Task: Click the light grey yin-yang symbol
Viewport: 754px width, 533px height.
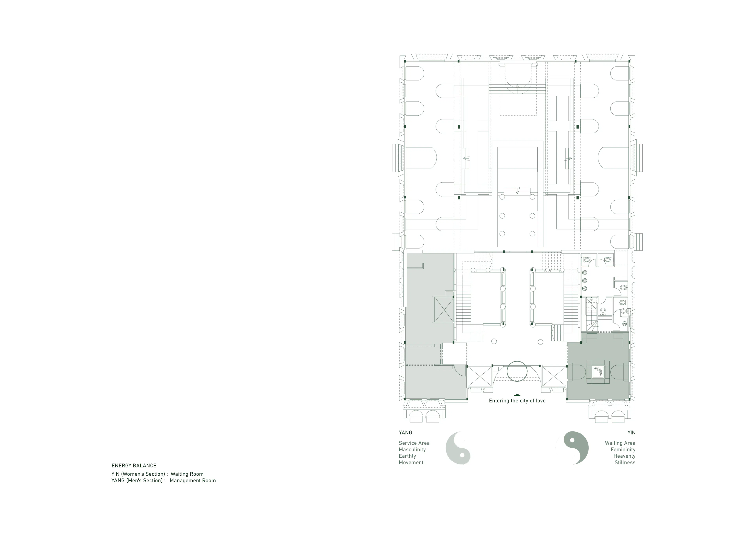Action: click(x=458, y=448)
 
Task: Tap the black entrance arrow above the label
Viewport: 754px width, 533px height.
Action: click(x=517, y=395)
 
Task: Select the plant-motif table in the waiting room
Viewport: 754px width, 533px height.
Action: click(x=598, y=372)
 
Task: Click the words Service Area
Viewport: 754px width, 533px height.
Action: click(x=414, y=443)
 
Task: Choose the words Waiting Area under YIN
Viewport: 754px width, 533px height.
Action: click(x=620, y=443)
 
